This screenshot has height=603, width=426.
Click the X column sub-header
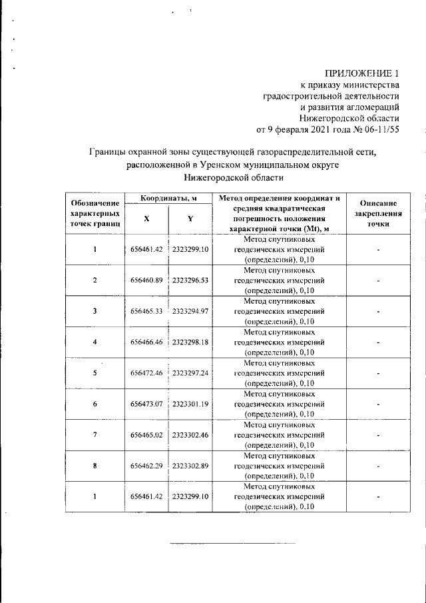tap(146, 219)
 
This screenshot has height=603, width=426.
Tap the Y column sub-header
tap(190, 219)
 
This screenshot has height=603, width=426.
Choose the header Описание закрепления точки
tap(377, 214)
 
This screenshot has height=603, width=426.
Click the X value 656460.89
tap(146, 281)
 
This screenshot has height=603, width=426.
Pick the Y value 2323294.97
tap(191, 311)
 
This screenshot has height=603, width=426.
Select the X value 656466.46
tap(146, 342)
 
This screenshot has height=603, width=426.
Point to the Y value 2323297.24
tap(191, 373)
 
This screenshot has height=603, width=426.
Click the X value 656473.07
tap(146, 404)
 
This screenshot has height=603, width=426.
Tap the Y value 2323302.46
tap(191, 434)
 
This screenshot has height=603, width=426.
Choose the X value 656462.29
tap(146, 465)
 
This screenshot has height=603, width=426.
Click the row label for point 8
tap(95, 465)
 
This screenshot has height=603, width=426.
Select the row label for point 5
tap(95, 373)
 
